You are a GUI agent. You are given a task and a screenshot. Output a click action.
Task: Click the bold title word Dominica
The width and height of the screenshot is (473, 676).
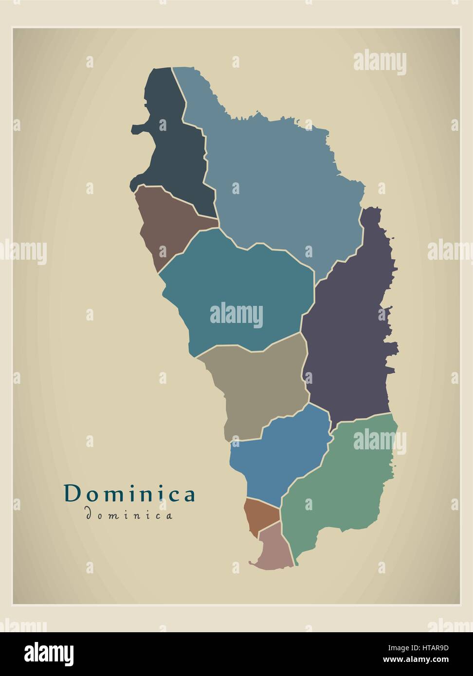tap(130, 494)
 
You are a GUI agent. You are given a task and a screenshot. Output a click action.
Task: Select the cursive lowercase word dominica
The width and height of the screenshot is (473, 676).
tap(129, 515)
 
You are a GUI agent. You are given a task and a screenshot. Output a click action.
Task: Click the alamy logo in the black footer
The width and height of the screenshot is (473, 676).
tap(49, 652)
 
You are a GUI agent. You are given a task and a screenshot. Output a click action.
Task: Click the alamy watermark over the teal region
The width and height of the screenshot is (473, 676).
tap(236, 315)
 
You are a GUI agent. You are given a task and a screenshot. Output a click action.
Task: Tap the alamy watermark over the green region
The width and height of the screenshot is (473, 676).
tap(380, 442)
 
